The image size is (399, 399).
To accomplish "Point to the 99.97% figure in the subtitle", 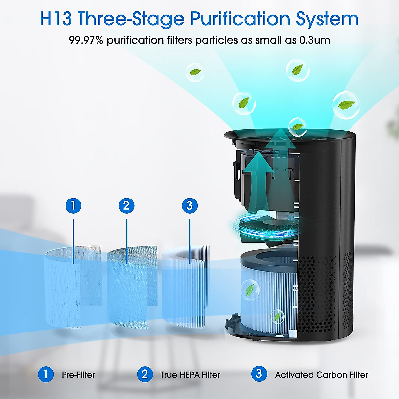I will [x=86, y=40].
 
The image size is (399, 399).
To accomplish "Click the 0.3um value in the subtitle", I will [x=315, y=40].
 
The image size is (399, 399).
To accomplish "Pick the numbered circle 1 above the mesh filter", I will [x=73, y=206].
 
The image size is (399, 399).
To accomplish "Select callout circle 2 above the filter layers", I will [x=126, y=206].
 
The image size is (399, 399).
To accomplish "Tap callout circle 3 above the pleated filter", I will [x=190, y=206].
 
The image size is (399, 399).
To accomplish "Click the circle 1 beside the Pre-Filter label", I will [x=46, y=374].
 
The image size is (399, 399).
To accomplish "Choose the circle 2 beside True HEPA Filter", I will [x=145, y=374].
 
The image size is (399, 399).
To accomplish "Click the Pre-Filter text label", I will [x=78, y=375].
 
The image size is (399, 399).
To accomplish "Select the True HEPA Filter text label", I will [x=190, y=375].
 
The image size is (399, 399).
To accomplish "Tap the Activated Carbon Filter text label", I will [x=322, y=375].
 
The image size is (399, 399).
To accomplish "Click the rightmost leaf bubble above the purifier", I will [x=346, y=105].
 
